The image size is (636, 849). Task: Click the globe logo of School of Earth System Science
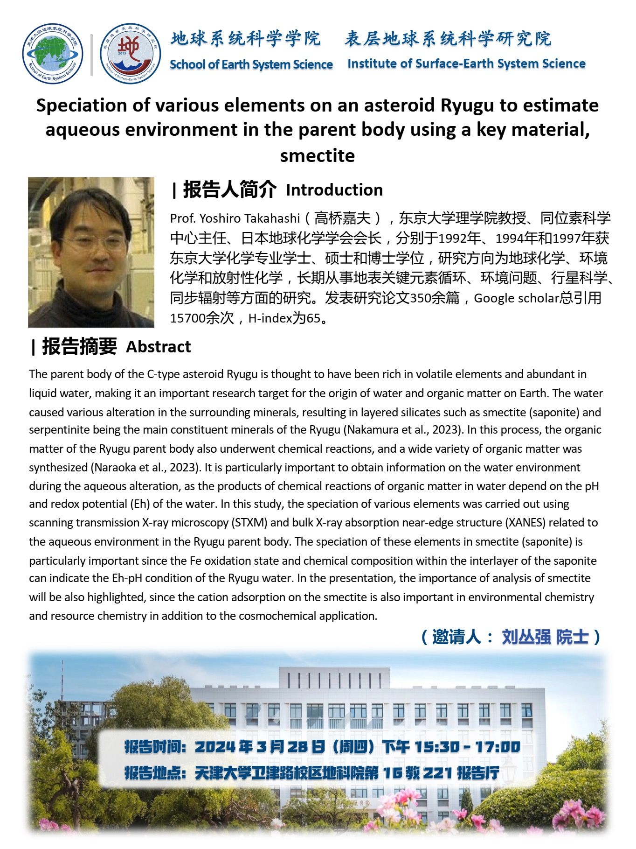pos(52,54)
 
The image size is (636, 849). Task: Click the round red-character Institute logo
pos(130,54)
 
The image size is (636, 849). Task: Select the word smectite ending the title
pos(317,155)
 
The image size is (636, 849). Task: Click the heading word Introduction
pos(334,190)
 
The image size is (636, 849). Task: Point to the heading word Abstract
pos(158,347)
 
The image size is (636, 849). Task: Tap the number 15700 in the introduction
pos(187,318)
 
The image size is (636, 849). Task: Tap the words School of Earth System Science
pos(251,64)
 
